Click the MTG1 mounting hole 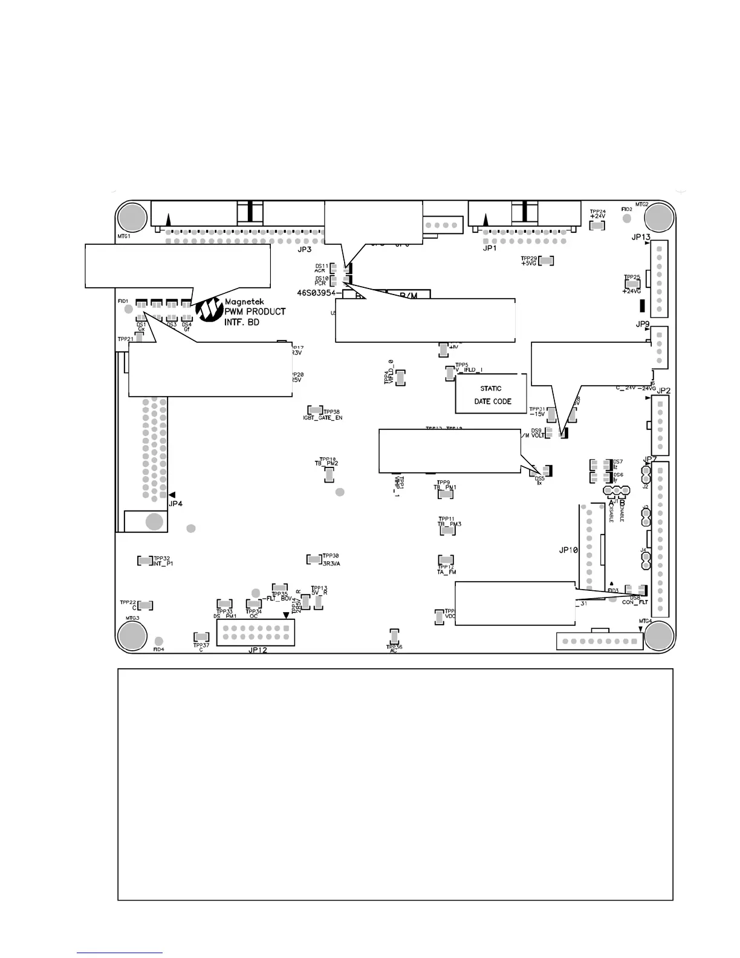[132, 217]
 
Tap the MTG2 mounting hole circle [658, 217]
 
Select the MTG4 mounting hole [658, 636]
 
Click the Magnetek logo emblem [209, 309]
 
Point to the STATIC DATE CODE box [491, 394]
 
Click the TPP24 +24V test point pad [597, 226]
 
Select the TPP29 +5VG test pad [546, 261]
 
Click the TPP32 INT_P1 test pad [144, 561]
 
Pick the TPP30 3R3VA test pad [314, 559]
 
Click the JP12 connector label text [258, 651]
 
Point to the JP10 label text [568, 550]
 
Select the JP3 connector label [304, 249]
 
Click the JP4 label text [175, 503]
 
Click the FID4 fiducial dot [158, 641]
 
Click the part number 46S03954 [319, 292]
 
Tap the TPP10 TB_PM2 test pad [329, 474]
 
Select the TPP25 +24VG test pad [632, 282]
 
